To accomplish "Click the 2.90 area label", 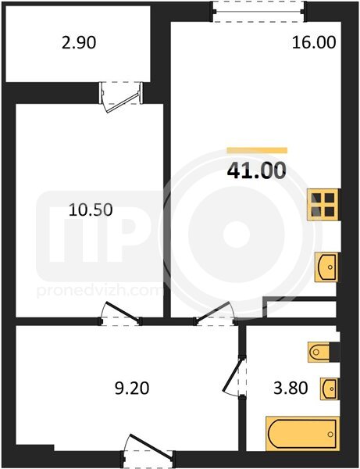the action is point(79,42).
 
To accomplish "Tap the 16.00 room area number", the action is point(314,42).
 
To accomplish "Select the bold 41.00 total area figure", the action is point(257,170).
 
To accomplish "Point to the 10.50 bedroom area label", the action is point(91,209).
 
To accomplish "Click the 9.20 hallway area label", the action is point(132,388).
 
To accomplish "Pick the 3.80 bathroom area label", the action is point(290,388).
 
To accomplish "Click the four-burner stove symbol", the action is point(323,205).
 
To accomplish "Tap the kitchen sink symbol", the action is point(326,267).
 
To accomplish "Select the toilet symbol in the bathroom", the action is point(319,352).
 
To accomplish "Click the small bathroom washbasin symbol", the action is point(330,388).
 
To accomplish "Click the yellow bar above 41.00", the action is point(257,150).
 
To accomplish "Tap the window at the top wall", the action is point(258,12).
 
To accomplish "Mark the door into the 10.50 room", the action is point(119,313).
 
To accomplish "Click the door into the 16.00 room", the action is point(215,313).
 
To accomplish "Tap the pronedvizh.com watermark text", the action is point(100,291).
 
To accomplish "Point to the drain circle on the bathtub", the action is point(330,434).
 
